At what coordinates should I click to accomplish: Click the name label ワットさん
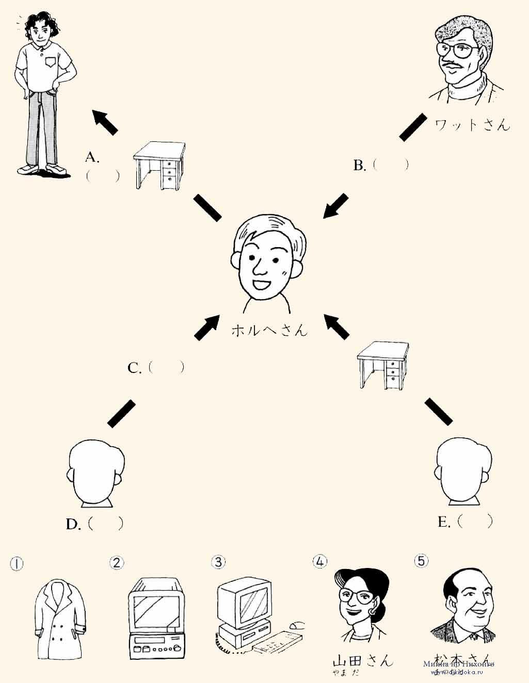(x=472, y=124)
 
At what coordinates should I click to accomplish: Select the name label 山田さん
(x=363, y=661)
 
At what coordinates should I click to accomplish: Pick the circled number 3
(x=219, y=562)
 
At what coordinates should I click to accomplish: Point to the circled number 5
(x=422, y=561)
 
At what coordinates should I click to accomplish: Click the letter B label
(x=359, y=166)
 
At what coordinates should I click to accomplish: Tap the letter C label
(x=134, y=368)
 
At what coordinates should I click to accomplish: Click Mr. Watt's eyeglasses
(x=456, y=50)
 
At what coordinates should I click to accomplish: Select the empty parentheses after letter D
(x=106, y=524)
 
